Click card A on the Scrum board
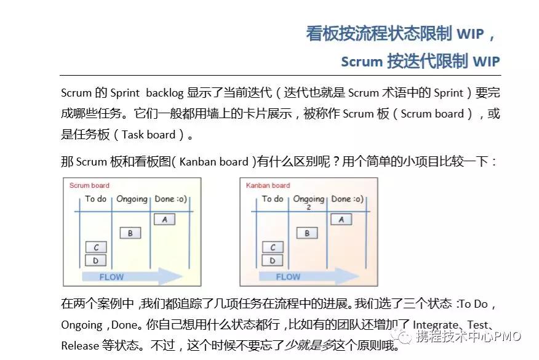coord(164,219)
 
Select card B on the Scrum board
coord(130,233)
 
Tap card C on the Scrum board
coord(95,247)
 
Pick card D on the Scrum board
coord(95,260)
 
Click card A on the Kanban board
coord(341,219)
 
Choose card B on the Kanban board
coord(307,233)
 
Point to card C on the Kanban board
coord(272,247)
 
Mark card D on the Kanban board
coord(272,260)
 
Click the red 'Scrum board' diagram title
coord(89,185)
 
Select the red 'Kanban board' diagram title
coord(268,185)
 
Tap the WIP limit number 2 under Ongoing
coord(308,207)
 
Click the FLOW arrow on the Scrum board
coord(132,276)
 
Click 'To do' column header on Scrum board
coord(96,199)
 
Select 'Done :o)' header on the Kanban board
coord(347,199)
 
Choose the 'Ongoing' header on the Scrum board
coord(132,199)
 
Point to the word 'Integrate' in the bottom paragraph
coord(435,324)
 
